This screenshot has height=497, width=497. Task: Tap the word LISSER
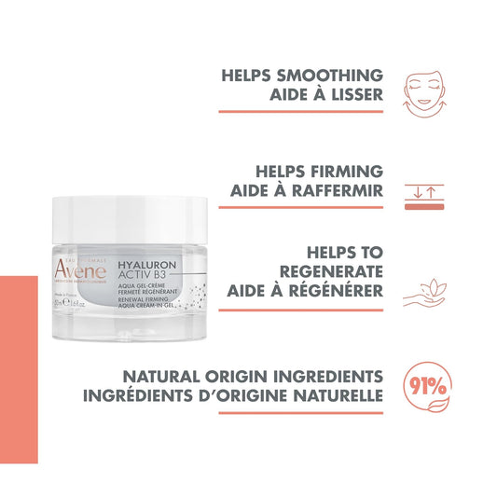348,96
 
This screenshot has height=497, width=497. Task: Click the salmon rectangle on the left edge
19,368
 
